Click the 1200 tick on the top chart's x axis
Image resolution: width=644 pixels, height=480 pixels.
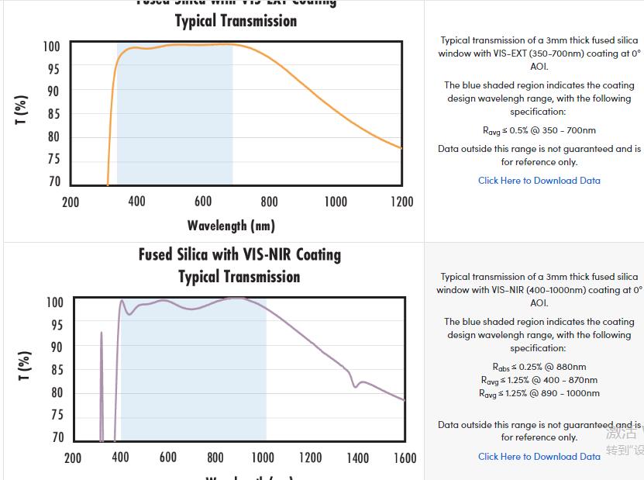tap(401, 202)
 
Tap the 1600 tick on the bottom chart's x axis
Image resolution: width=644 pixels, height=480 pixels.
tap(405, 458)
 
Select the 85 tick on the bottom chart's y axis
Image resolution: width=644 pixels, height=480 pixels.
tap(57, 370)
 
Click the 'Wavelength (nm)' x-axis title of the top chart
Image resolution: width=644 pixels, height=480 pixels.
tap(231, 226)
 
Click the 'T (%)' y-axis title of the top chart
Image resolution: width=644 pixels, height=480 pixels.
tap(22, 110)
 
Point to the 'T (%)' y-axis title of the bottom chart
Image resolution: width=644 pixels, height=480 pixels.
tap(24, 366)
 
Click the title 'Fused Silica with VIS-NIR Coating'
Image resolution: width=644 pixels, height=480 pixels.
tap(239, 254)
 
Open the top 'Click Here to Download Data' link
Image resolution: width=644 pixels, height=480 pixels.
tap(539, 181)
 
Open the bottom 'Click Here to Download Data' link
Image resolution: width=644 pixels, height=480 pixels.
tap(539, 456)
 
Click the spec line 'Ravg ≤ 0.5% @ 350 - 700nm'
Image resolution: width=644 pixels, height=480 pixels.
tap(539, 130)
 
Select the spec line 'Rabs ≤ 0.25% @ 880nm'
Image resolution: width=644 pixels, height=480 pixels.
tap(539, 367)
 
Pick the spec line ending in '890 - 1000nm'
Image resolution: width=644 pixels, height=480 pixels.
tap(539, 393)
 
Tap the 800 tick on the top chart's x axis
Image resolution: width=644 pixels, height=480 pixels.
tap(269, 202)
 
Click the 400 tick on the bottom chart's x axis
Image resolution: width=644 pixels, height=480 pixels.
tap(120, 458)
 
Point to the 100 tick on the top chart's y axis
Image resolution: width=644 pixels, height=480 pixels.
tap(51, 47)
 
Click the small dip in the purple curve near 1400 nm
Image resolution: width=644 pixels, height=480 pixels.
tap(355, 385)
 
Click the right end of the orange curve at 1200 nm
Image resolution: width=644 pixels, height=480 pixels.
tap(401, 147)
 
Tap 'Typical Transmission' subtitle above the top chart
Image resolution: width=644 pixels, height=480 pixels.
tap(236, 21)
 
